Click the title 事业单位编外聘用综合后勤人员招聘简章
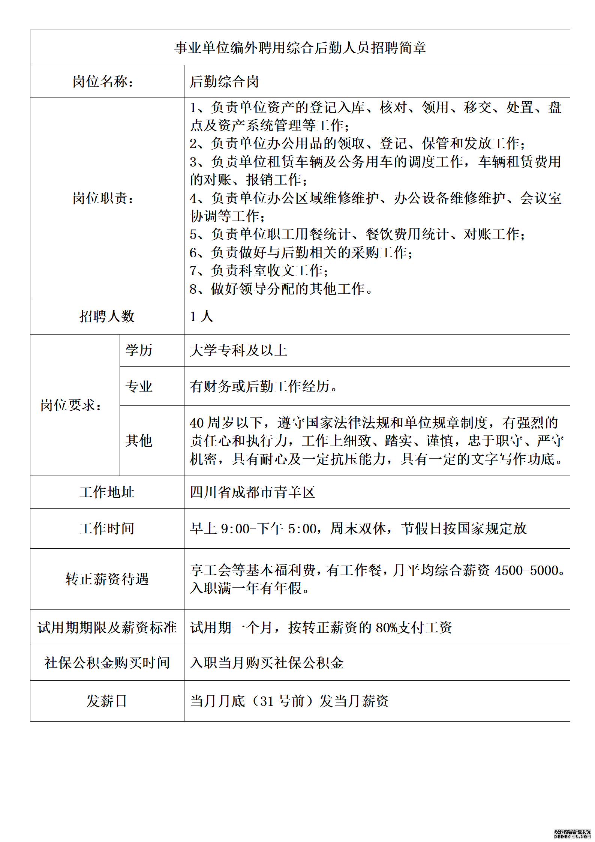(x=300, y=48)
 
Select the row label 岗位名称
(x=103, y=81)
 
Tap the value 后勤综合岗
(x=224, y=81)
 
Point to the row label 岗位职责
(x=103, y=198)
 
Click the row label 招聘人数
(x=107, y=316)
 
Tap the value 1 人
(x=201, y=316)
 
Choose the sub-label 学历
(x=139, y=350)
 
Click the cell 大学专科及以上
(x=238, y=350)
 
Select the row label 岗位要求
(x=71, y=405)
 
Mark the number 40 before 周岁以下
(x=196, y=423)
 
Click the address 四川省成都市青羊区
(x=252, y=492)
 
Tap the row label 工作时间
(x=107, y=528)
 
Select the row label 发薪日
(x=107, y=701)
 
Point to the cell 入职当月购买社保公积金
(x=267, y=663)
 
